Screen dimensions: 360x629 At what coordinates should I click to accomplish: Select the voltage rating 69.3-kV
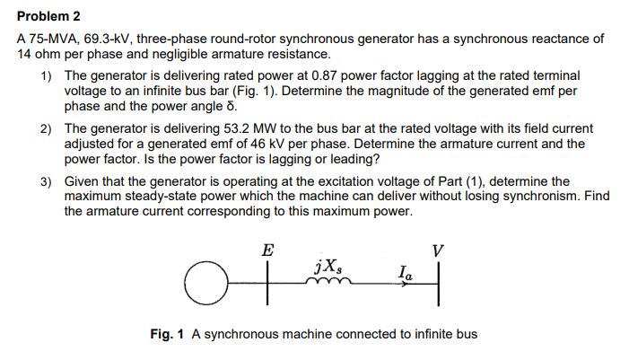[x=114, y=40]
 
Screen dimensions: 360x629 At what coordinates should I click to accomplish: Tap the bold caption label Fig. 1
[x=167, y=334]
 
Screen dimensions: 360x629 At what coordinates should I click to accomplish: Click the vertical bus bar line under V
[x=437, y=284]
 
